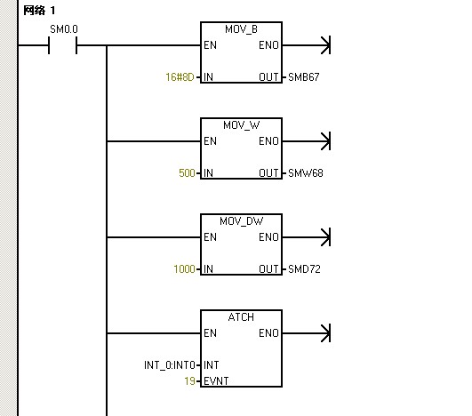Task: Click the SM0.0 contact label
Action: point(64,29)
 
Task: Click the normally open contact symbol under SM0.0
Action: point(62,45)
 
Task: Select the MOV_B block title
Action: point(241,29)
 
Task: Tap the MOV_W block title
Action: point(241,125)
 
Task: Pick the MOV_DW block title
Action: point(241,221)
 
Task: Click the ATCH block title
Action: point(241,317)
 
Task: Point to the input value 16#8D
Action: point(180,77)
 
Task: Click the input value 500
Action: point(187,173)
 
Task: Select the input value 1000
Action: point(184,269)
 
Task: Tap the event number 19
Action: point(190,381)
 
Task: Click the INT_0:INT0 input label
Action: point(170,365)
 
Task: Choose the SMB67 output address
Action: point(303,77)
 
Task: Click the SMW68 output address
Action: point(306,173)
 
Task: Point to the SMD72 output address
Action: point(304,269)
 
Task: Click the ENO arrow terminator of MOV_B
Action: point(325,45)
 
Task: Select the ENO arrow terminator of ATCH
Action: point(325,333)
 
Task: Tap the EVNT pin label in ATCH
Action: point(216,381)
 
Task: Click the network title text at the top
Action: point(39,11)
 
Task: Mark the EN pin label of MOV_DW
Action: point(210,237)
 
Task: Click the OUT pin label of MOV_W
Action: point(268,173)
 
